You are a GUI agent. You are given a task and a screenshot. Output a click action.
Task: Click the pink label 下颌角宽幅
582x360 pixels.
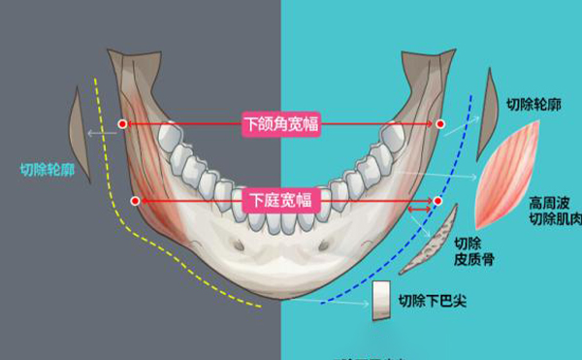coord(281,123)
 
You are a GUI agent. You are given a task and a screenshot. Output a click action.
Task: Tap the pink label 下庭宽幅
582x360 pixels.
coord(280,200)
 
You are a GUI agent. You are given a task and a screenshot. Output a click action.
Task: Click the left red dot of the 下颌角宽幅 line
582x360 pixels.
coord(122,123)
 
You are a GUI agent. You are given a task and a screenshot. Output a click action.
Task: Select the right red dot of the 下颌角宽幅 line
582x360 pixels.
coord(439,124)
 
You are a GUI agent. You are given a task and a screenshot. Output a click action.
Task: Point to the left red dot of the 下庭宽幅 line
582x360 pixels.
coord(135,200)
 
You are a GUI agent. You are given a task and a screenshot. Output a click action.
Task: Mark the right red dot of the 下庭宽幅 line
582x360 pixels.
coord(437,201)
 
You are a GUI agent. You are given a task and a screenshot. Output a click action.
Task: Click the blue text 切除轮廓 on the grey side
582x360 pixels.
coord(47,170)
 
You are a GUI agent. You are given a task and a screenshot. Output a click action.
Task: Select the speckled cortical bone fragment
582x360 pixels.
coord(431,243)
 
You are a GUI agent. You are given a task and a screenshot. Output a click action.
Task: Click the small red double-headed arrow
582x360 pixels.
coord(420,208)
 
